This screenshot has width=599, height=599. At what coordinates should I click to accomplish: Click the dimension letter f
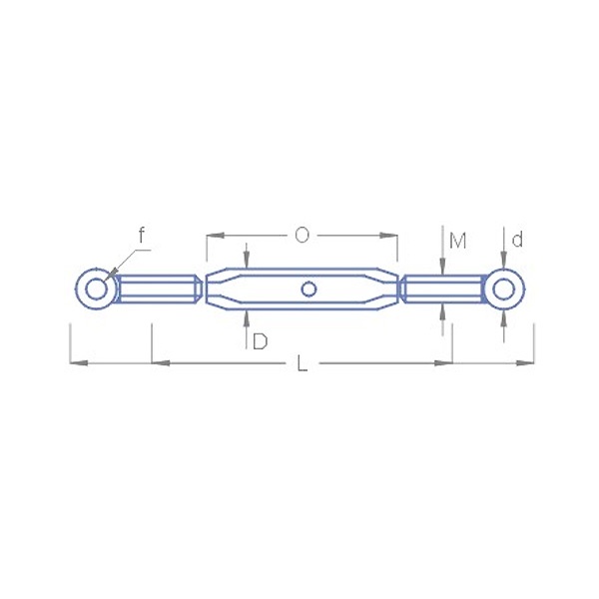click(142, 235)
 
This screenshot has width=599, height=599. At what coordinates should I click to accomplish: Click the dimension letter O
click(301, 236)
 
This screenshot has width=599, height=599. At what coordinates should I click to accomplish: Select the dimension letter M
click(457, 241)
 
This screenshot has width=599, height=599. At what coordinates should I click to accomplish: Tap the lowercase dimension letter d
click(517, 240)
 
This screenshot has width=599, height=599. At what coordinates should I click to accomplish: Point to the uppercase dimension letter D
click(261, 341)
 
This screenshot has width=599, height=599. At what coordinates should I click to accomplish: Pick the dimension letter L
click(301, 363)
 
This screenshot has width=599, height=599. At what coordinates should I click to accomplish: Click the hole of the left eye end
click(96, 290)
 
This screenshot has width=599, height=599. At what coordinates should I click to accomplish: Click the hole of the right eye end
click(503, 290)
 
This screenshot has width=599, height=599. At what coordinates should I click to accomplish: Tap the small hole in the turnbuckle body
click(308, 290)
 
